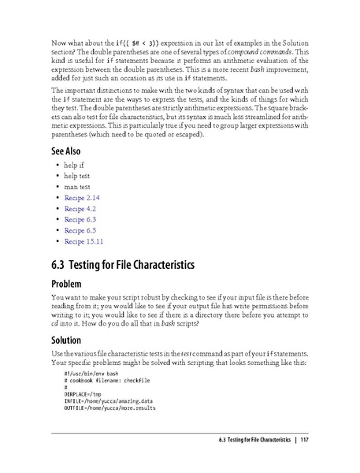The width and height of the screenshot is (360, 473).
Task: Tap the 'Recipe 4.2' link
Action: click(80, 207)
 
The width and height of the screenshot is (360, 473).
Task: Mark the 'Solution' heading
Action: click(69, 340)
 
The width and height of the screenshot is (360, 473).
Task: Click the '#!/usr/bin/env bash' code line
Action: click(91, 373)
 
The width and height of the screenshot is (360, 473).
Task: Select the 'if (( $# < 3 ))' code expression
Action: click(135, 41)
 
